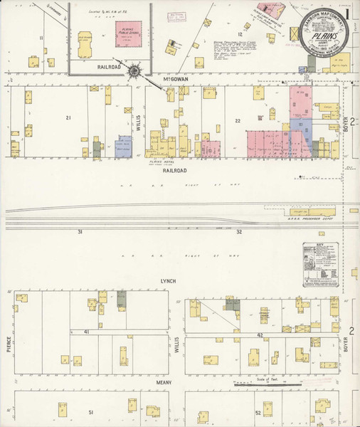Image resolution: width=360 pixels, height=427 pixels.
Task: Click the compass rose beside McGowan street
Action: [133, 70]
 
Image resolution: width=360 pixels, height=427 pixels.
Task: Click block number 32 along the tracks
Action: [240, 232]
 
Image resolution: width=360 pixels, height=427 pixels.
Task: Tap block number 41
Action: [85, 332]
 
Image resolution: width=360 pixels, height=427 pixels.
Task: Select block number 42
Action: [260, 334]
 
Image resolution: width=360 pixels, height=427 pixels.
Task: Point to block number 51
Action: [91, 412]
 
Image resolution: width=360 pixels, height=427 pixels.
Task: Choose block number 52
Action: [258, 412]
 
